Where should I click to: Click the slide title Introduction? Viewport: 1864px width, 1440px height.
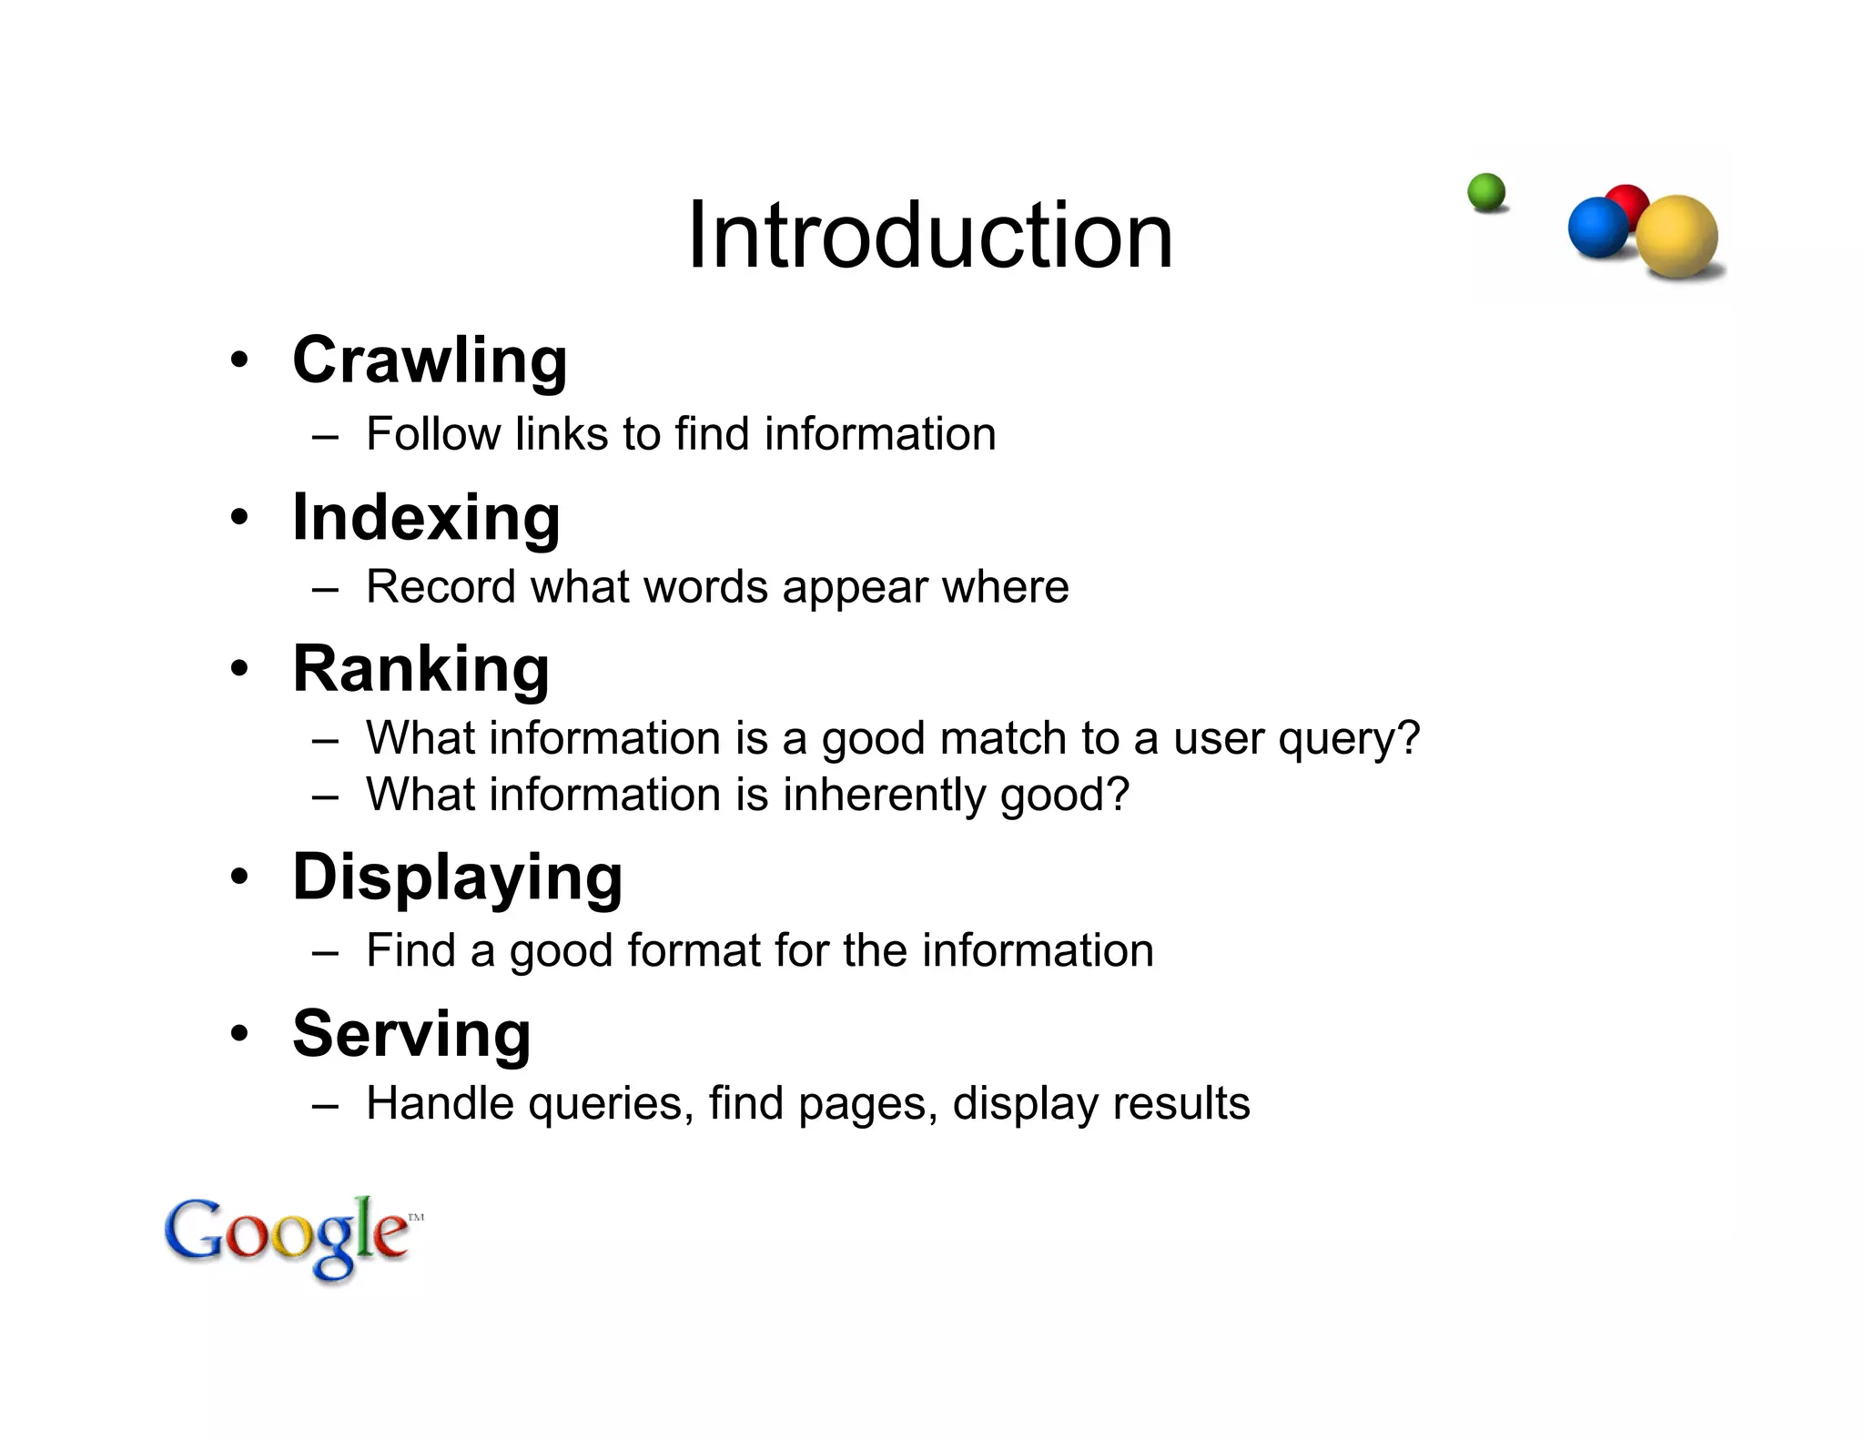[930, 236]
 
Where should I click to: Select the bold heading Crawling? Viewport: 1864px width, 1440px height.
[430, 361]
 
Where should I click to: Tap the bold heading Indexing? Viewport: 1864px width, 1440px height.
[426, 518]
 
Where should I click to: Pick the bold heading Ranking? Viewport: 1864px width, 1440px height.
[420, 669]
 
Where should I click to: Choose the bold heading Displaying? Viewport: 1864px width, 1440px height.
[457, 877]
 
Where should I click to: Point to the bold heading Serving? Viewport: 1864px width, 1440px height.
[411, 1034]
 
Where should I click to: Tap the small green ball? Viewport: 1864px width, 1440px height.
[1486, 192]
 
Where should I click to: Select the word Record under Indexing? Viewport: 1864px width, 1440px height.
[441, 587]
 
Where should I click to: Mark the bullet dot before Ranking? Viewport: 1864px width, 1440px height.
[239, 670]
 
